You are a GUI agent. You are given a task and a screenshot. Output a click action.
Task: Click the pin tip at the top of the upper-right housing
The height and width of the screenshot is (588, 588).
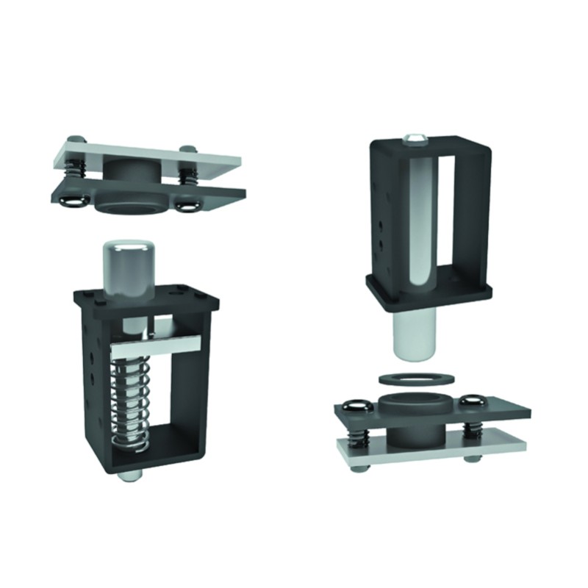click(x=415, y=137)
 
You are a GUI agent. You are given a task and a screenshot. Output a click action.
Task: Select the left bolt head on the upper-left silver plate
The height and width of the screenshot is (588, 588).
click(x=72, y=140)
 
